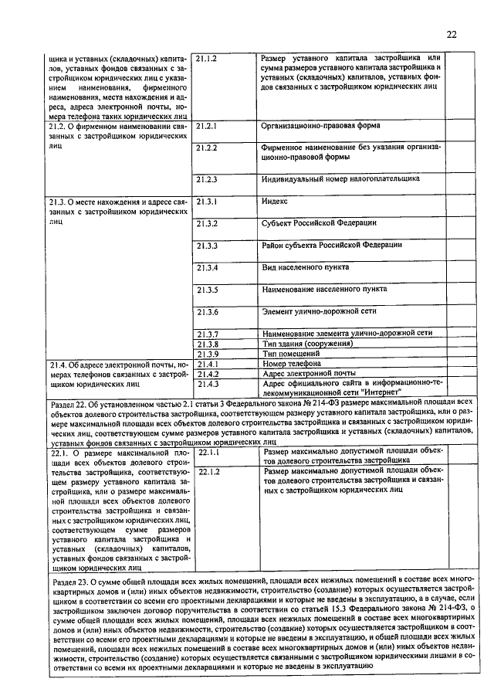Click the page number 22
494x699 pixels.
tap(451, 34)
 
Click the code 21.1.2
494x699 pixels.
tap(206, 59)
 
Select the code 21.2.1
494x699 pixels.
tap(206, 125)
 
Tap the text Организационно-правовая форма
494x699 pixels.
tap(320, 125)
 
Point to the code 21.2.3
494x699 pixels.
tap(206, 179)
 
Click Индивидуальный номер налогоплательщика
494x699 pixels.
tap(340, 178)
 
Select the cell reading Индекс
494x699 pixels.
tap(275, 201)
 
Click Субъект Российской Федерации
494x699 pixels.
tap(319, 223)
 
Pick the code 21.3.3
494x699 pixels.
tap(206, 246)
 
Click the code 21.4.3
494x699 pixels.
tap(206, 383)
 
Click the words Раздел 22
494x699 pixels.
tap(73, 402)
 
